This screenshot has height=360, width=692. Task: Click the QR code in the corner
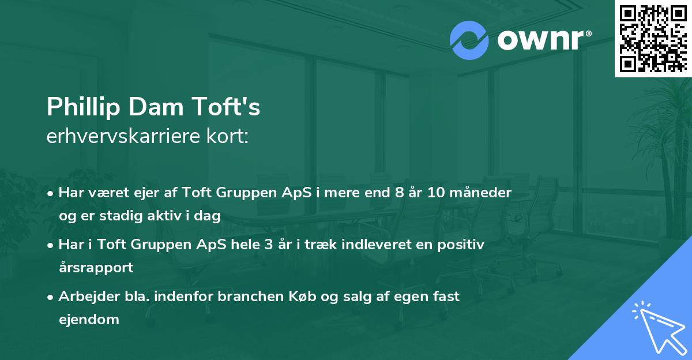pos(653,38)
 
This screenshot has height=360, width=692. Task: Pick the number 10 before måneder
pos(436,193)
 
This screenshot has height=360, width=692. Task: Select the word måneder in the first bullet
pos(482,193)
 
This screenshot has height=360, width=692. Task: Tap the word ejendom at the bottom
pos(89,320)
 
